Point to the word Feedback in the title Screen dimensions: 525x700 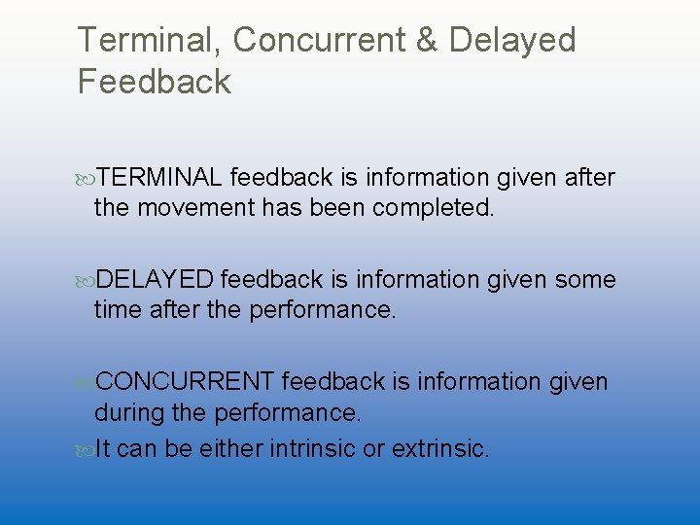155,82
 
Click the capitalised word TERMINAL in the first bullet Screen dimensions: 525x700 160,178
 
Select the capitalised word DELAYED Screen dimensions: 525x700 155,280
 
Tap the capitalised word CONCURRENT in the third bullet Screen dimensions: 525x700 186,382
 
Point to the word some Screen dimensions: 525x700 585,280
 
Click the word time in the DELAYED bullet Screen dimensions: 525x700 114,310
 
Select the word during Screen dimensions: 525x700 125,412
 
